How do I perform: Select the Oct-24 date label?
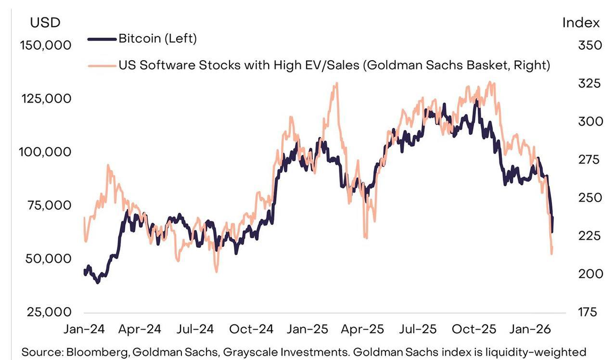point(251,329)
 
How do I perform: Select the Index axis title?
point(581,23)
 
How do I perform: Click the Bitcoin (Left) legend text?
point(158,39)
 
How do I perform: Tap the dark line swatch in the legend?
point(103,39)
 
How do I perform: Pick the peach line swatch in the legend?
point(103,65)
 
